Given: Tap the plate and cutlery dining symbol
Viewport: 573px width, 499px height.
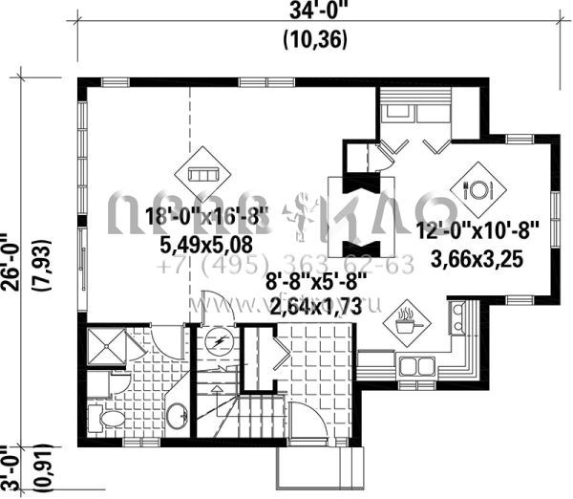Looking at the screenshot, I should click(x=477, y=188).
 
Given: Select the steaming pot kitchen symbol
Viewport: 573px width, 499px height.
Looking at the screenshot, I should click(x=407, y=321).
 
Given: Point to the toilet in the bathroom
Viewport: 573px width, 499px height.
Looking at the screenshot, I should click(x=106, y=419).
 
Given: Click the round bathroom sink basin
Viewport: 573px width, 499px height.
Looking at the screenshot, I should click(x=177, y=417).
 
